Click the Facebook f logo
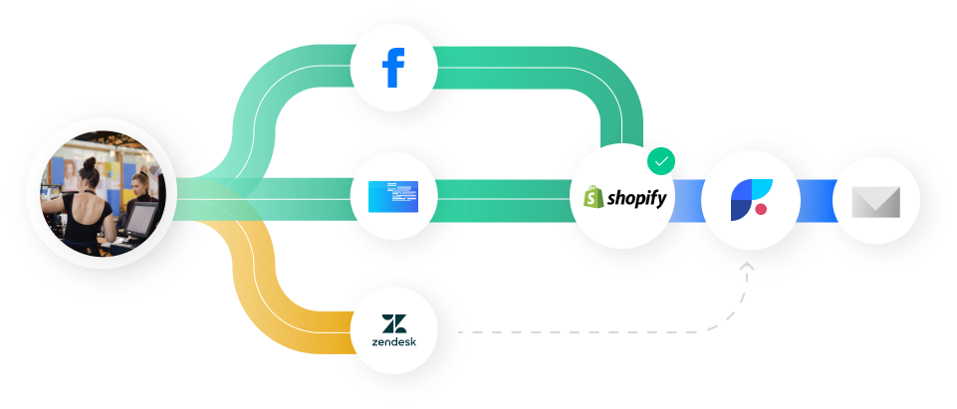coord(394,67)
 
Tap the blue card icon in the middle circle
coord(394,196)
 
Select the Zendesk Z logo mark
coord(394,322)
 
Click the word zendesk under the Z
coord(394,341)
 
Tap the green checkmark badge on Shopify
coord(660,160)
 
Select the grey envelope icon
coord(876,202)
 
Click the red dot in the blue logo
coord(760,209)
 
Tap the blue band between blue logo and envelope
coord(817,197)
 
